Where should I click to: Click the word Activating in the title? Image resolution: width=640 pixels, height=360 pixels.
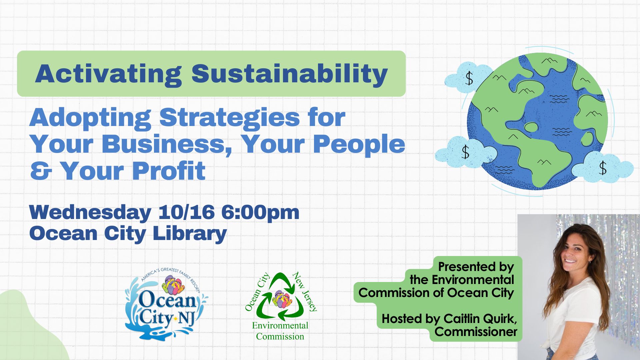point(108,74)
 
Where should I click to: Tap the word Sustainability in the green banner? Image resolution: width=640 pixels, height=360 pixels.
point(290,74)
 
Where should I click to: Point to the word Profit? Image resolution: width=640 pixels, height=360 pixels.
point(169,171)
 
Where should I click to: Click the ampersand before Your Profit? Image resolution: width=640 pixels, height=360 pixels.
point(41,171)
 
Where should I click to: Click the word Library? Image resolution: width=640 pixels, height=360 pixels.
point(190,234)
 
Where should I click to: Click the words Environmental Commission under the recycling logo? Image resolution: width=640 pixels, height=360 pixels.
point(280,331)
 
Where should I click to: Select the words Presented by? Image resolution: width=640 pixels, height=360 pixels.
point(476,267)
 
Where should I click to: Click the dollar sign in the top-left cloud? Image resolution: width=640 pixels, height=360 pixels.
point(469,79)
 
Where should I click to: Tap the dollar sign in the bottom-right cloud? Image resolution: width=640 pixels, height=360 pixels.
point(603,168)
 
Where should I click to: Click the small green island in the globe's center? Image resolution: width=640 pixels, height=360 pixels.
point(531,127)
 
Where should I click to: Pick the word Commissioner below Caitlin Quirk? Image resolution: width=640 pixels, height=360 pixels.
point(476,332)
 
